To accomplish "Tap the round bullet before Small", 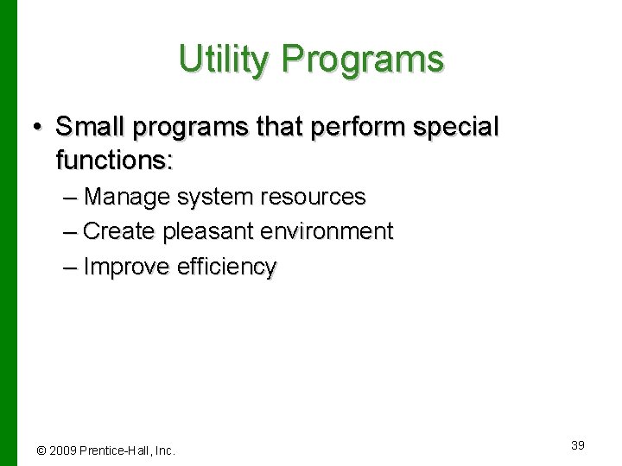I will [37, 128].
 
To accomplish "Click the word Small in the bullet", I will [91, 127].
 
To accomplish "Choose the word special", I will [456, 127].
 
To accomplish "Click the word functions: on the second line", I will [114, 160].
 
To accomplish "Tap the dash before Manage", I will [71, 198].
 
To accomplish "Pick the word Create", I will [119, 231].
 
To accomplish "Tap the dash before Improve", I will [71, 268].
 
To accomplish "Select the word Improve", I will [128, 268].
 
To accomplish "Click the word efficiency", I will [226, 268].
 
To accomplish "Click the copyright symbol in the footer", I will [41, 450].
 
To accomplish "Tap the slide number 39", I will [578, 444].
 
